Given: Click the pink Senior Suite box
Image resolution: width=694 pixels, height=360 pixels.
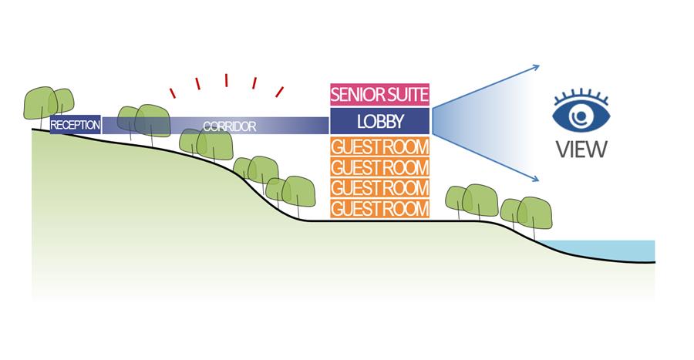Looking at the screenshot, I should (x=380, y=95).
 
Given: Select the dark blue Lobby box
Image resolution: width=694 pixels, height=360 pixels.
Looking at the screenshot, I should (x=380, y=121).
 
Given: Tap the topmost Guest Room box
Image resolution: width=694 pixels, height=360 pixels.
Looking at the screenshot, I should (x=380, y=146).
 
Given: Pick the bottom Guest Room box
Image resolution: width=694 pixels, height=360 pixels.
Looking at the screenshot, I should (x=380, y=208).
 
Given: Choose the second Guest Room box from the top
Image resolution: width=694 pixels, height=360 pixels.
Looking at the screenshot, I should (x=380, y=167).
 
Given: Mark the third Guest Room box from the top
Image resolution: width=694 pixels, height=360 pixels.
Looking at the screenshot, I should (x=380, y=188).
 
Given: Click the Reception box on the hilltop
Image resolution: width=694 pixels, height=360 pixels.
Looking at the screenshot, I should (x=75, y=125).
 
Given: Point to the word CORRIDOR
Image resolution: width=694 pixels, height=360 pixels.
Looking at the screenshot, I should (x=229, y=126).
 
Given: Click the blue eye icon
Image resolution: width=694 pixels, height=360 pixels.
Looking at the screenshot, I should (x=581, y=114).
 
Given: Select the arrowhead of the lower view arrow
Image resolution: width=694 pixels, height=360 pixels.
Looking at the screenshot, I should (x=535, y=180).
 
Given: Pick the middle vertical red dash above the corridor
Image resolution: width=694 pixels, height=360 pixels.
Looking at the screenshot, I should (x=227, y=80).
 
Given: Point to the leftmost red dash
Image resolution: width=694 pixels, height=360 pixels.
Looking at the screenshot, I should (x=174, y=93).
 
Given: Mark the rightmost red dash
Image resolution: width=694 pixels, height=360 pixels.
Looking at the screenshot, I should (x=279, y=93).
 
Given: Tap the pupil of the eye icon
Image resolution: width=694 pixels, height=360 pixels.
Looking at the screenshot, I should (x=578, y=116).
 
